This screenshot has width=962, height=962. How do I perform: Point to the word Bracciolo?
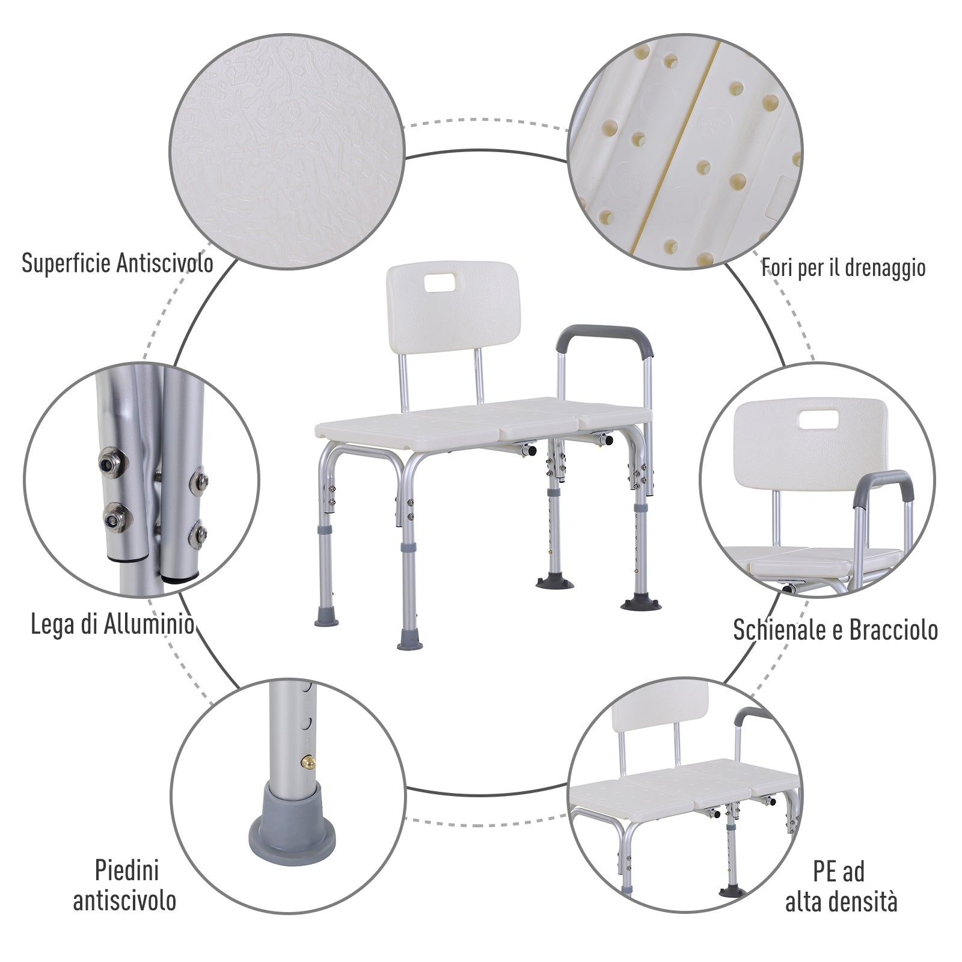893,630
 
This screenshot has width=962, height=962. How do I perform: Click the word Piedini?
126,870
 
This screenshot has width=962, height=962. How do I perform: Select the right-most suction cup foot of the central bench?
640,603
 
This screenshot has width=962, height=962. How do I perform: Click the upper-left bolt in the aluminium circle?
109,459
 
